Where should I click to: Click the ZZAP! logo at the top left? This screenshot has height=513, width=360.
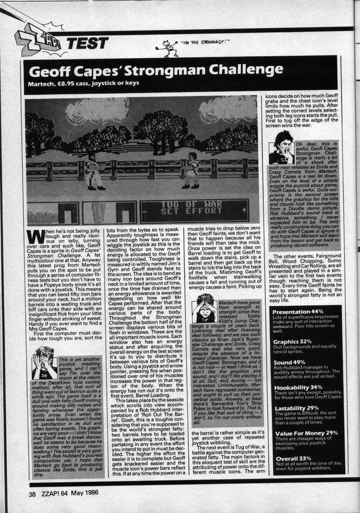click(x=35, y=42)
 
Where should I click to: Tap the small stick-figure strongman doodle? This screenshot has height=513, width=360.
click(x=168, y=47)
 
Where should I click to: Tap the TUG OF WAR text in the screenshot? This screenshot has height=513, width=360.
click(x=191, y=204)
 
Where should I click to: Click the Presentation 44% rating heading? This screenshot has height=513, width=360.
click(x=298, y=311)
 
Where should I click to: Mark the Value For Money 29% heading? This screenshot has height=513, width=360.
click(x=306, y=433)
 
